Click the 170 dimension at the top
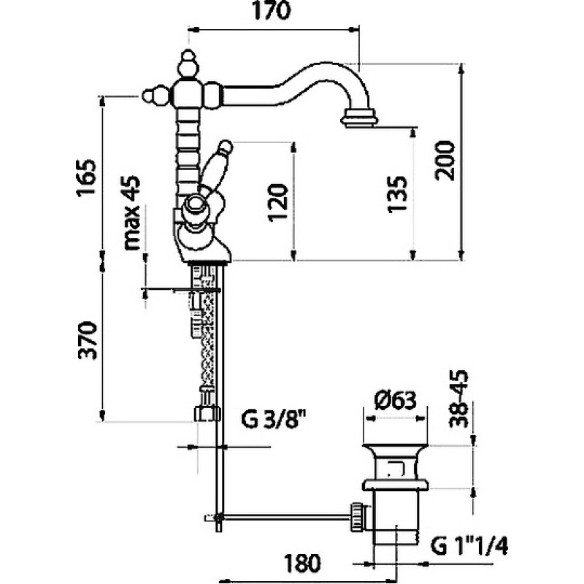click(x=271, y=11)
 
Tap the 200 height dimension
click(x=445, y=161)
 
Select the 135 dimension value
click(x=397, y=194)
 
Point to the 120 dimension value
click(x=278, y=203)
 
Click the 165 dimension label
click(x=86, y=178)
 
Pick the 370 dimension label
click(x=88, y=340)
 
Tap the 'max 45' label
click(x=132, y=212)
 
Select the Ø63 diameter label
click(x=395, y=401)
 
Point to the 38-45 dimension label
click(x=458, y=399)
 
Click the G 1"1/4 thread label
click(x=469, y=546)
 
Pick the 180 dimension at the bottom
click(x=302, y=563)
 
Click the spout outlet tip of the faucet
click(x=360, y=118)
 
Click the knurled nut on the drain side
click(x=358, y=518)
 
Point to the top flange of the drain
click(x=394, y=447)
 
